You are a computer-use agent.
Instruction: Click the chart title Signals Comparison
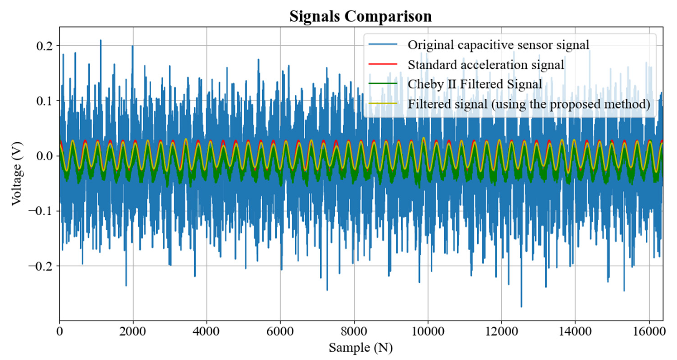[x=360, y=16]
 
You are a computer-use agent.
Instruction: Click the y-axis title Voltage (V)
[x=17, y=174]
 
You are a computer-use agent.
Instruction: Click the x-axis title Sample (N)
[x=361, y=348]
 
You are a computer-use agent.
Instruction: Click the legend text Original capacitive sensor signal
[x=498, y=45]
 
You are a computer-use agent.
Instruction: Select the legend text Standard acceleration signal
[x=486, y=65]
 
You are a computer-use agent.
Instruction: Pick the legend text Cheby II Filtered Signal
[x=475, y=84]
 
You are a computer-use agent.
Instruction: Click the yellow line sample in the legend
[x=383, y=104]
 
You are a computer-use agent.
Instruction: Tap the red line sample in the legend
[x=383, y=64]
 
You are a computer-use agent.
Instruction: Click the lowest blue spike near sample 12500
[x=521, y=306]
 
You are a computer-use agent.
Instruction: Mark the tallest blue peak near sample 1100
[x=101, y=40]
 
